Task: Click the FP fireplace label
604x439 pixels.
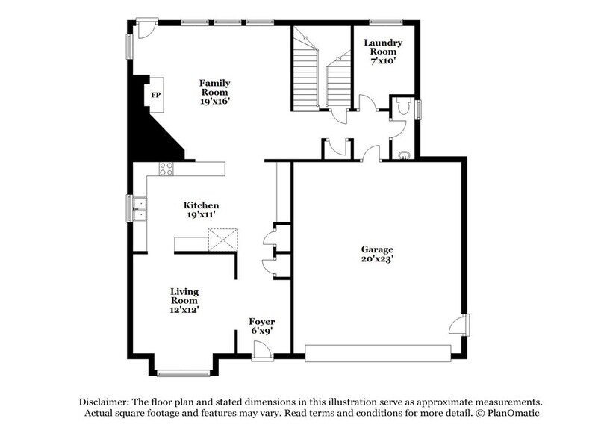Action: [156, 96]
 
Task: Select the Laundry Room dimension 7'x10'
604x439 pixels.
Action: [383, 61]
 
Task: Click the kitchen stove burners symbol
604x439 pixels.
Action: [166, 169]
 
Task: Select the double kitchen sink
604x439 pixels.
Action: [140, 209]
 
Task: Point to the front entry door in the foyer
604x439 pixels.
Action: [261, 350]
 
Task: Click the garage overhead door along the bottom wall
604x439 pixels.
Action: [379, 352]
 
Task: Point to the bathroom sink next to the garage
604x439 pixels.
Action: [404, 156]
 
